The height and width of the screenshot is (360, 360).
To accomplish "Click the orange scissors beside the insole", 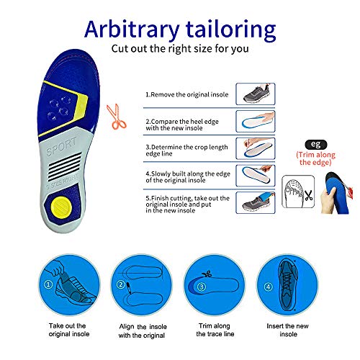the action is pos(117,117).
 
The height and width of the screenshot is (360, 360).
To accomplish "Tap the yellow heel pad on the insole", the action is pos(61,207).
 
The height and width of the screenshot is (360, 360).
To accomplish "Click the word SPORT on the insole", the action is pos(61,146).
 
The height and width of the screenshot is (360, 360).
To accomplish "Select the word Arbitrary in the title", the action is pos(132,30).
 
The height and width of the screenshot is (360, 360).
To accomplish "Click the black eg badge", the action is pos(316,145).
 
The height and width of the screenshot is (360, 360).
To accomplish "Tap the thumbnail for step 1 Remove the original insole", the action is pos(256,94).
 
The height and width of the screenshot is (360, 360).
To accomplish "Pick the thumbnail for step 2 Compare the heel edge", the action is pos(256,121).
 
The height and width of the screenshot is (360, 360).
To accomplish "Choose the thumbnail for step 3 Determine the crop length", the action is pos(256,148).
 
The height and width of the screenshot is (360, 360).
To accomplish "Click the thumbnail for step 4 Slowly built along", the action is pos(256,176).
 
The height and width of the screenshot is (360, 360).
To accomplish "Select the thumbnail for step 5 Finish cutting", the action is pos(256,202).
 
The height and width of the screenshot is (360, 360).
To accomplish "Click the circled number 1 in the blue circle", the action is pos(48,284).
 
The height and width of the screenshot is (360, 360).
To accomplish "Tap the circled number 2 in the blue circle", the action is pos(121,284).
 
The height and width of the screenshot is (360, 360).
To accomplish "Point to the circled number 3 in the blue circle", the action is pos(202,287).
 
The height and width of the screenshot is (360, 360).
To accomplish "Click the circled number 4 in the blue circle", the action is pos(268,287).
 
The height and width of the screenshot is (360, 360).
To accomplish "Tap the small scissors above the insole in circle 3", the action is pos(207,274).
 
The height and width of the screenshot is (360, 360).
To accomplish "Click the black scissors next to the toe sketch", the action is pos(308,195).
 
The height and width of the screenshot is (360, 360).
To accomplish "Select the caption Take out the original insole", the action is pos(69,330).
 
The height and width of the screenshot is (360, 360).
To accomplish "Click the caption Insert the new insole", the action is pos(288,330).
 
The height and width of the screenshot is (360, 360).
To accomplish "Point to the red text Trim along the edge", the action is pos(315,158).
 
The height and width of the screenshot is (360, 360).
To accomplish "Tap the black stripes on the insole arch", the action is pos(65,166).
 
